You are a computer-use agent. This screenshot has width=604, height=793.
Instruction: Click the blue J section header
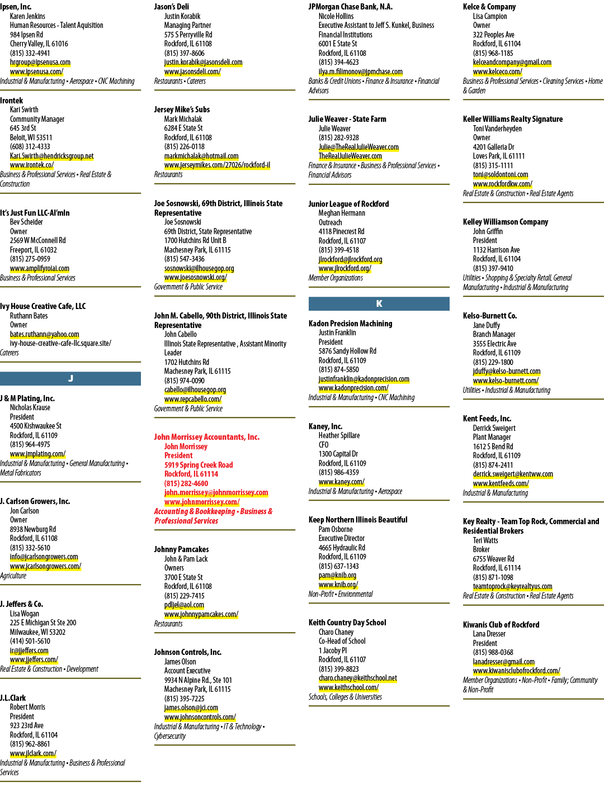(70, 378)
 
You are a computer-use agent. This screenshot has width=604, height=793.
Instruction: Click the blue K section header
(379, 303)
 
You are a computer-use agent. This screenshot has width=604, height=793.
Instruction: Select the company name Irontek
(12, 101)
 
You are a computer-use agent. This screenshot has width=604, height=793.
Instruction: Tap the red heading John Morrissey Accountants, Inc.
(207, 437)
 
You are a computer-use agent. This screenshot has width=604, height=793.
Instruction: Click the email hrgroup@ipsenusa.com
(40, 62)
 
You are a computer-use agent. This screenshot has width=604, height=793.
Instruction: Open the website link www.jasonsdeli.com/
(192, 72)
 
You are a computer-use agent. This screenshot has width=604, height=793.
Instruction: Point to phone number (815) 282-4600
(186, 483)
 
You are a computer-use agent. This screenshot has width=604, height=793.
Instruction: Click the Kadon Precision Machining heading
(350, 324)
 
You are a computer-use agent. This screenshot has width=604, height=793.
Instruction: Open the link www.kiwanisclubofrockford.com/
(517, 671)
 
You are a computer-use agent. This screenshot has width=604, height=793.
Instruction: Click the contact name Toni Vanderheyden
(497, 128)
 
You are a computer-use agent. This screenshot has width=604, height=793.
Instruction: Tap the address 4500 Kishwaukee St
(35, 426)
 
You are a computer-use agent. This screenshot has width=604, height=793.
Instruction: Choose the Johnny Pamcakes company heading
(181, 549)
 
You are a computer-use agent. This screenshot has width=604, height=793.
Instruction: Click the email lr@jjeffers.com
(29, 650)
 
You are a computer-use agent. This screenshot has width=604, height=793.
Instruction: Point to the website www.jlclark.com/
(33, 753)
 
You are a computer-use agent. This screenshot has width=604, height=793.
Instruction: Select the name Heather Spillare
(339, 435)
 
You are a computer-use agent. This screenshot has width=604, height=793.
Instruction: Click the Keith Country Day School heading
(347, 622)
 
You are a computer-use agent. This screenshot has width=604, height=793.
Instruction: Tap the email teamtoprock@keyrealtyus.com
(512, 586)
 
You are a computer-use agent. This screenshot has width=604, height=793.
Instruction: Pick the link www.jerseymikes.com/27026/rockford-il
(217, 165)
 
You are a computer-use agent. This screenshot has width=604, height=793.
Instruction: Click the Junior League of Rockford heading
(348, 204)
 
